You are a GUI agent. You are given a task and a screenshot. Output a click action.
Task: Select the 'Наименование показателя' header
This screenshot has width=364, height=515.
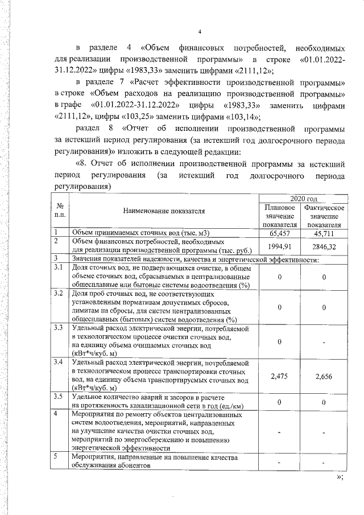point(164,212)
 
